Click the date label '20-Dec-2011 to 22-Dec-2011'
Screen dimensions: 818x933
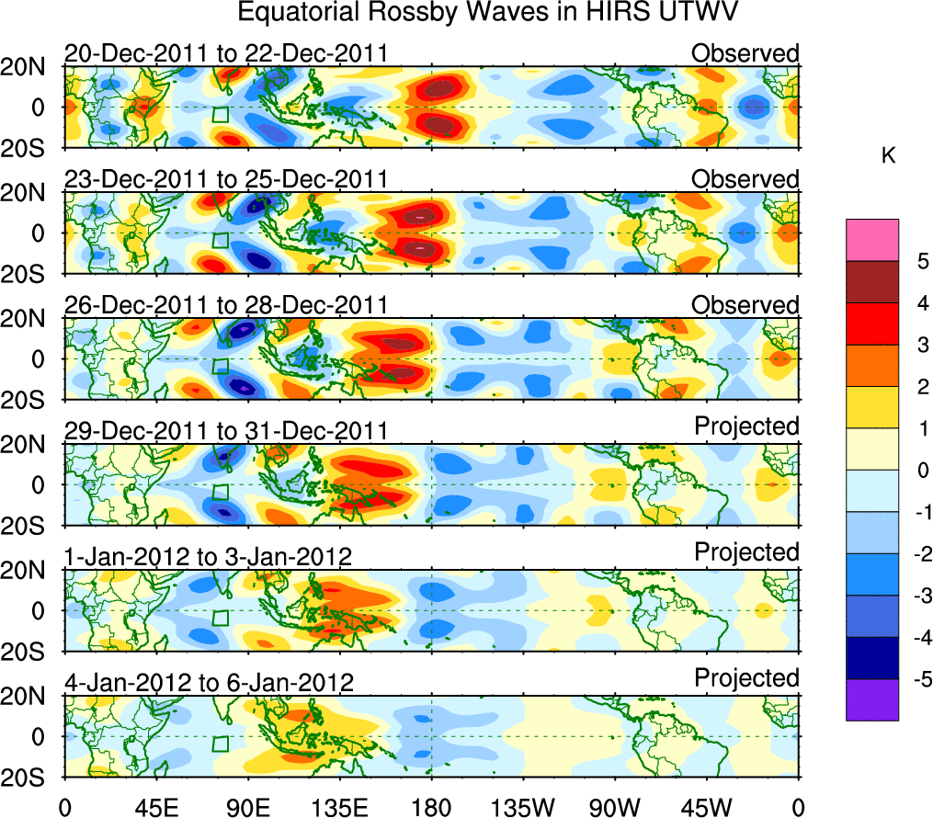pyautogui.click(x=226, y=53)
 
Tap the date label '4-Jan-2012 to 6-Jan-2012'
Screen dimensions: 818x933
pyautogui.click(x=209, y=682)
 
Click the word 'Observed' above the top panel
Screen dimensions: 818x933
pyautogui.click(x=745, y=53)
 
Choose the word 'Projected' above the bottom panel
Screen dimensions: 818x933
pyautogui.click(x=746, y=678)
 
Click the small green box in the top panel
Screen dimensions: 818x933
pyautogui.click(x=220, y=114)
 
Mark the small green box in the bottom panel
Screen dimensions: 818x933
pyautogui.click(x=220, y=744)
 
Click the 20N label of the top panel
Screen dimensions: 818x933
pyautogui.click(x=29, y=66)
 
